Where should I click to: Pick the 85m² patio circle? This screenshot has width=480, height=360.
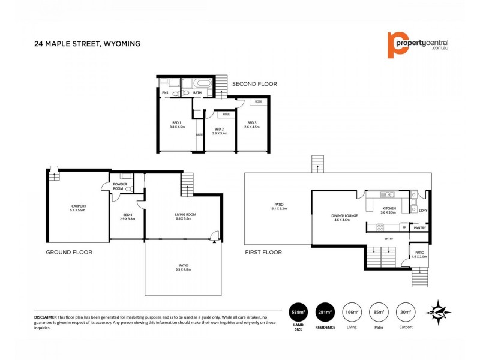379,312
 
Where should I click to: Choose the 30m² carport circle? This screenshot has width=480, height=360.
406,312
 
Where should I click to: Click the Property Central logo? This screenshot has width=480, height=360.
418,44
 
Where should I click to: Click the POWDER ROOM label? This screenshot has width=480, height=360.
119,187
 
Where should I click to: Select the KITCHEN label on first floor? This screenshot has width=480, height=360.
389,209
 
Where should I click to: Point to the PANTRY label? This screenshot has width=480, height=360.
420,228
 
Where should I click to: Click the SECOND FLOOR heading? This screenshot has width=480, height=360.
255,84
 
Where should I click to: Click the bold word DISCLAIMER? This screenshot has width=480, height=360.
45,316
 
